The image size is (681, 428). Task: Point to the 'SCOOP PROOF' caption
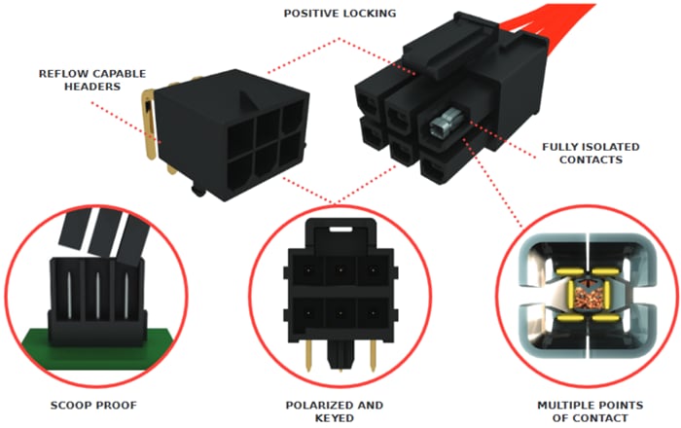point(94,405)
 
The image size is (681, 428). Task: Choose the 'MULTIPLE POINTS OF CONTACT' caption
point(583,410)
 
